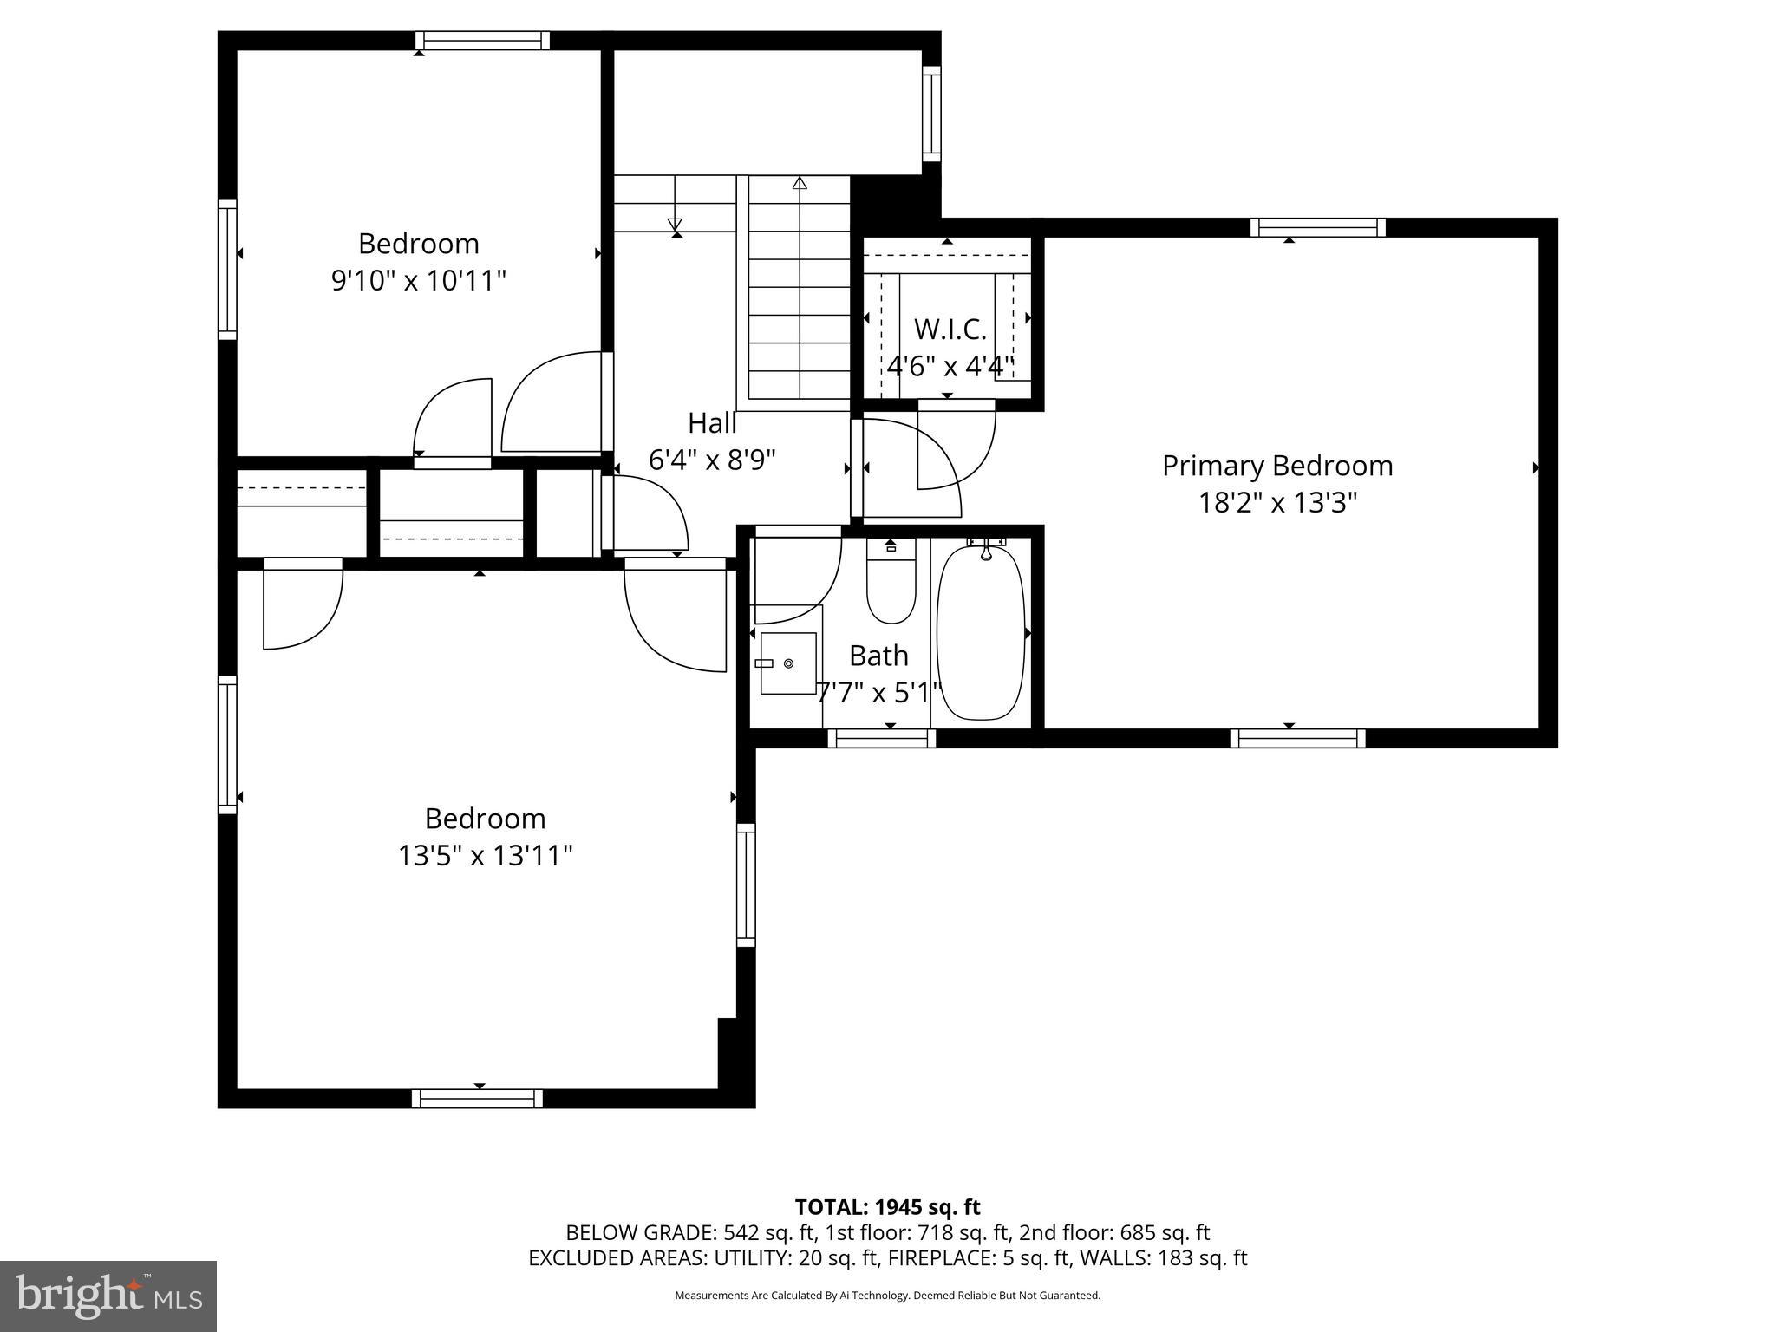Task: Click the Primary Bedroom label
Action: pos(1276,466)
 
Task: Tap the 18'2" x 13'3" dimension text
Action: pos(1276,503)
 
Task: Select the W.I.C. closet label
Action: pos(950,330)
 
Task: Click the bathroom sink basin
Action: pos(788,663)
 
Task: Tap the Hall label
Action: pos(712,423)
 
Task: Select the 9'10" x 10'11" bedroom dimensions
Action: pos(418,281)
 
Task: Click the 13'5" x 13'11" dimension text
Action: pos(485,856)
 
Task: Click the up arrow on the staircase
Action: pos(800,183)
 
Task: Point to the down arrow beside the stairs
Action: pos(675,224)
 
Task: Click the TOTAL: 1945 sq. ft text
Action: pos(887,1207)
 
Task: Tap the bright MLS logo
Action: pos(108,1296)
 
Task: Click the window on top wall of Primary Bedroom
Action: pos(1317,228)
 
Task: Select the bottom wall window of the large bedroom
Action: pos(477,1099)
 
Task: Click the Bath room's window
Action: pos(881,739)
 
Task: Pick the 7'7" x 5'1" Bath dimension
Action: pos(878,693)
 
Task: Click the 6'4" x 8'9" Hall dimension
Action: pos(712,460)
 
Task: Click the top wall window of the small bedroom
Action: pos(482,41)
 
